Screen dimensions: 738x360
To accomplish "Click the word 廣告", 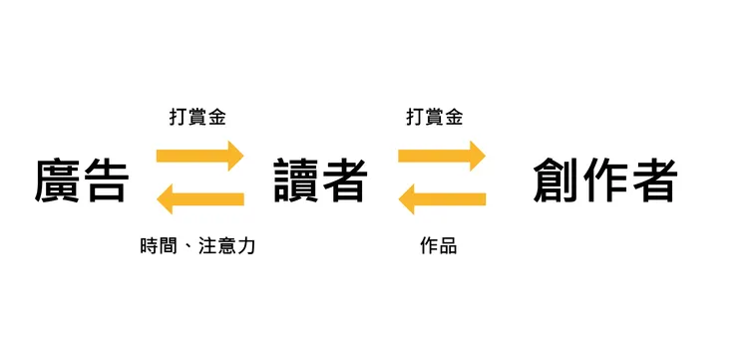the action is point(82,180).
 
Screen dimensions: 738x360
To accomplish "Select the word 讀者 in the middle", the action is point(320,180).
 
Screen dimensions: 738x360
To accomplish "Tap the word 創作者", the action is point(605,180).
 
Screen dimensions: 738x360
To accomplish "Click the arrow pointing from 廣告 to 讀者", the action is point(200,157).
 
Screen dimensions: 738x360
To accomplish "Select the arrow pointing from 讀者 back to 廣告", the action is point(200,199).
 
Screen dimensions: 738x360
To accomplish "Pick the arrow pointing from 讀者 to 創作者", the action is point(442,157).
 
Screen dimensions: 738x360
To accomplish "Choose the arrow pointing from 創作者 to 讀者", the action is point(442,199).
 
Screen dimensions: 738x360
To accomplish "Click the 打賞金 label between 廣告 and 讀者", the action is point(197,117).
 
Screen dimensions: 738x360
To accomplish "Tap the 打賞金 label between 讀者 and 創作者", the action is point(435,117).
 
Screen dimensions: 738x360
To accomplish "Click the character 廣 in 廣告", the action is point(58,180).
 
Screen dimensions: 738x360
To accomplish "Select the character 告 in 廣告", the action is point(106,180).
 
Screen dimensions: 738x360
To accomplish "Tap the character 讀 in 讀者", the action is point(296,180).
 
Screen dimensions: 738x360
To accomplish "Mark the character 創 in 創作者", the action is point(557,180).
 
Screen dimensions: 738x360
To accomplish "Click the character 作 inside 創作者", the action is point(605,180).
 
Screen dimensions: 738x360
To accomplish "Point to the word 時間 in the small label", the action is point(160,245).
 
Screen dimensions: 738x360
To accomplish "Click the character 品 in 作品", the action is point(448,245).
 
